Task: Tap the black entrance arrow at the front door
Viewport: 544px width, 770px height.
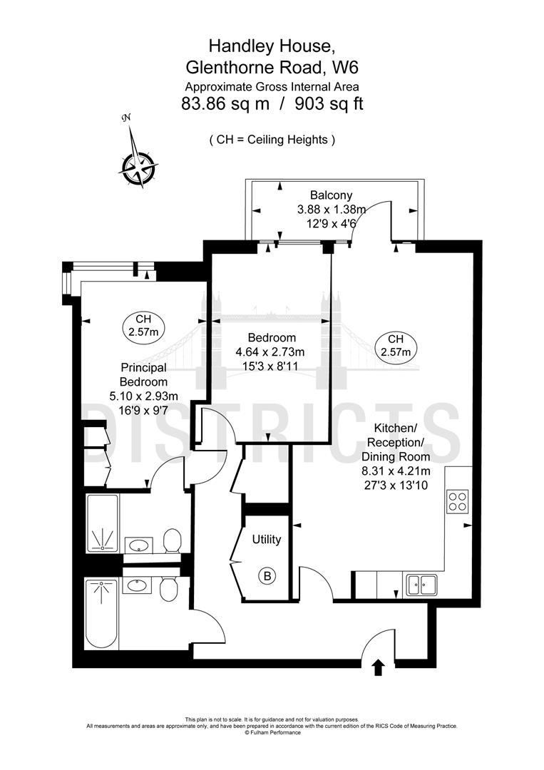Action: pos(377,667)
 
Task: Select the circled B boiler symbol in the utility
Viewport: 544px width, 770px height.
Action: pos(268,575)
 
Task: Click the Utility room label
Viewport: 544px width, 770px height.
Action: pos(266,540)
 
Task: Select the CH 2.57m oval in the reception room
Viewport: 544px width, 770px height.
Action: pos(396,345)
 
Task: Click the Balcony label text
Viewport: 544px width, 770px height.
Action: pos(331,195)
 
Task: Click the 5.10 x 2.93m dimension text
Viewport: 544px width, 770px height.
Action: pos(143,396)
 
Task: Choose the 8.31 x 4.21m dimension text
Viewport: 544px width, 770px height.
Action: pos(396,471)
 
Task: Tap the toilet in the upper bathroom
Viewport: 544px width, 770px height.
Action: pos(171,541)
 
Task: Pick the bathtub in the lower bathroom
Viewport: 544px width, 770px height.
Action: pos(101,614)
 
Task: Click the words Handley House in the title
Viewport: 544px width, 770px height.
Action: pos(271,46)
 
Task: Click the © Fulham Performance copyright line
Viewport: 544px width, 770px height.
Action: pos(272,732)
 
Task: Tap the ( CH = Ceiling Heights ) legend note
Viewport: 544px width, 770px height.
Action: pos(272,140)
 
